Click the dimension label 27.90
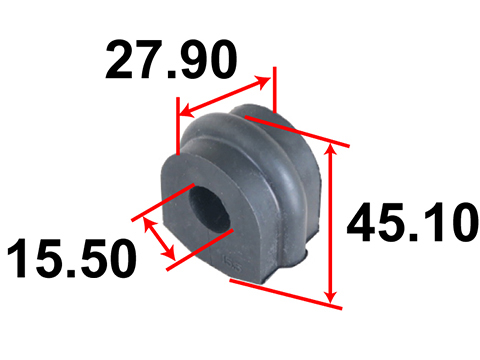pyautogui.click(x=171, y=60)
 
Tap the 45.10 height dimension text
pyautogui.click(x=413, y=222)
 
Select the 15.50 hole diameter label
pyautogui.click(x=72, y=258)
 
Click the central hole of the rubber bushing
pyautogui.click(x=209, y=210)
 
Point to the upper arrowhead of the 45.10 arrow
pyautogui.click(x=330, y=150)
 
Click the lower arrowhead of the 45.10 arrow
pyautogui.click(x=331, y=297)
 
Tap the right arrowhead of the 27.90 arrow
pyautogui.click(x=263, y=81)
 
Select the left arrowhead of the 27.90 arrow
pyautogui.click(x=187, y=111)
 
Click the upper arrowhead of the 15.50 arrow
pyautogui.click(x=148, y=223)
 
